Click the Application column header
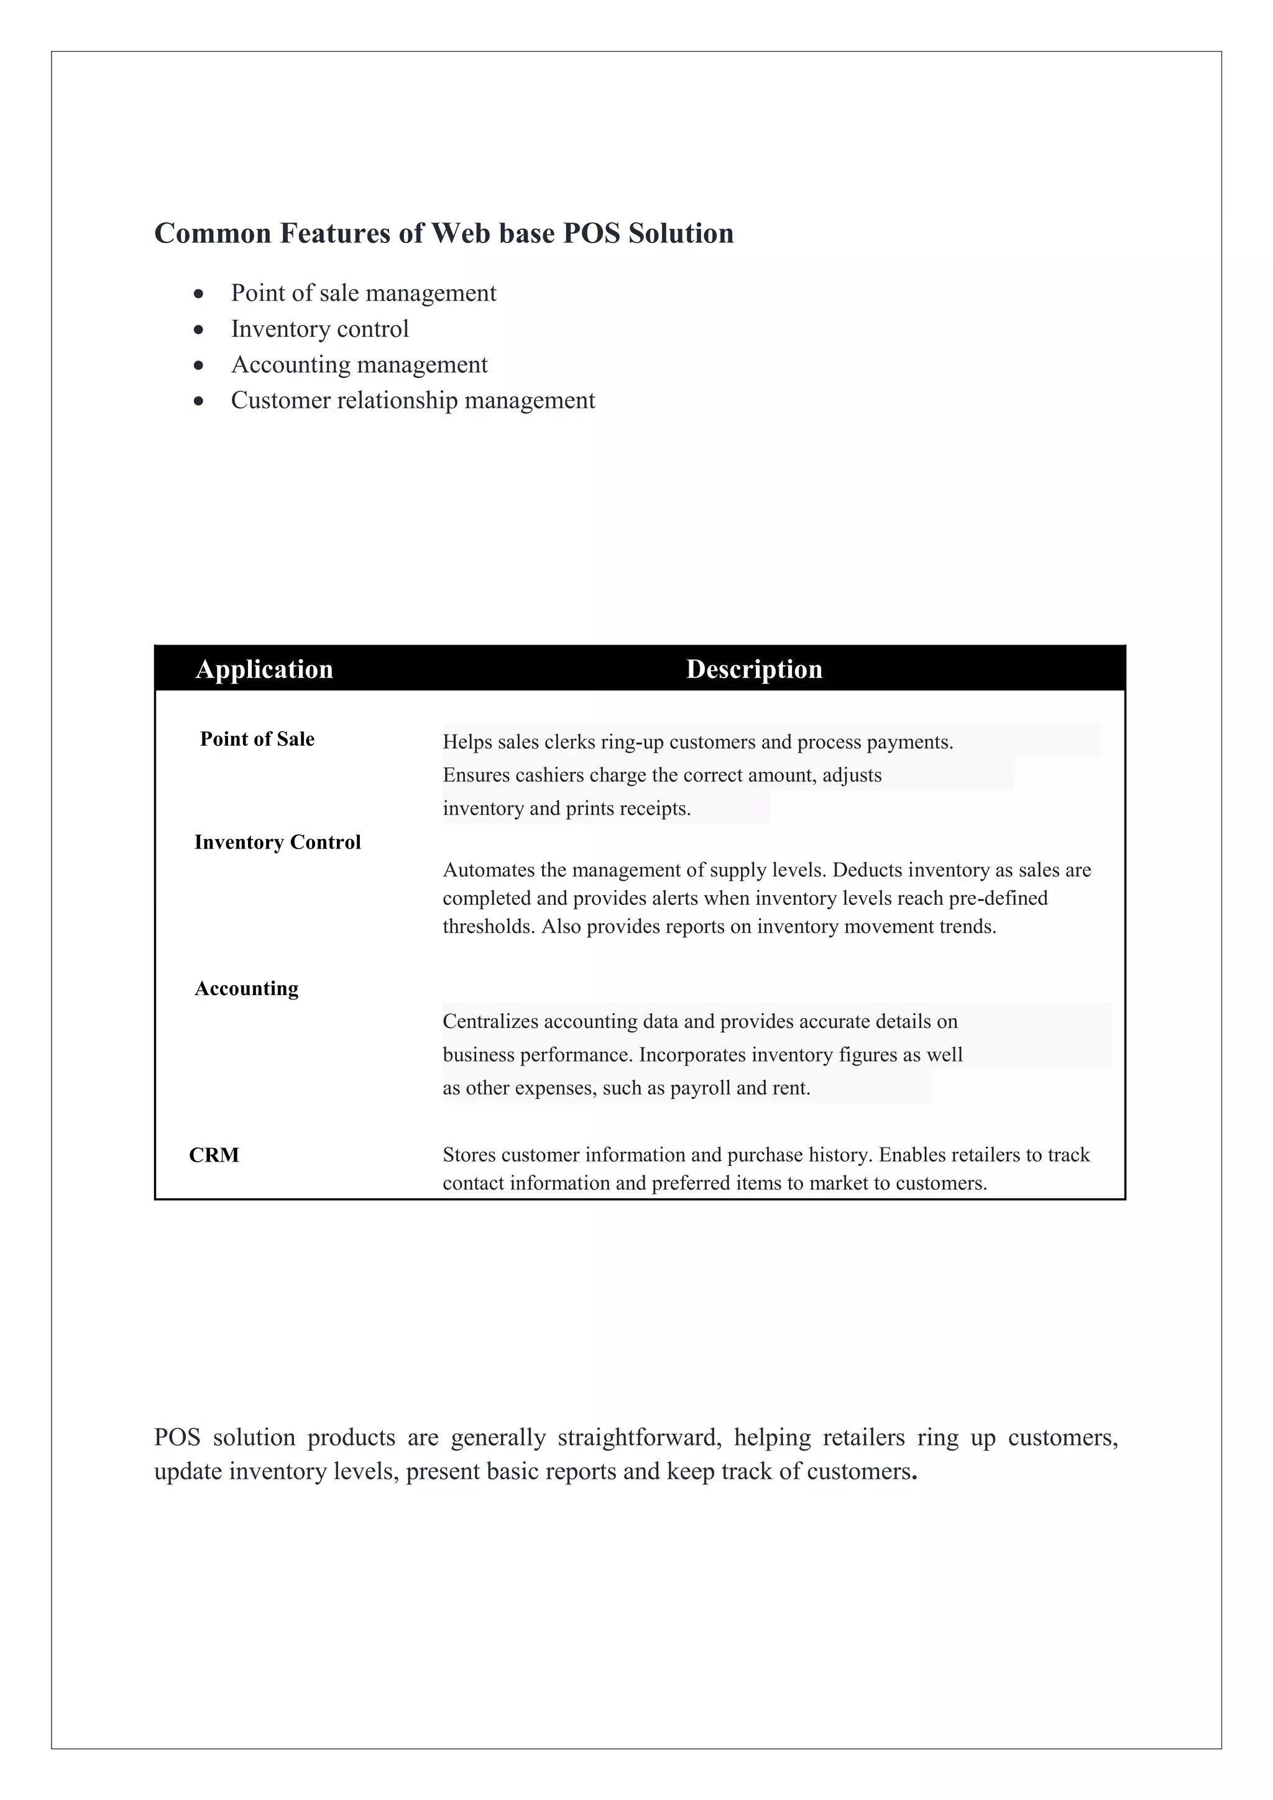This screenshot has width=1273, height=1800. (264, 669)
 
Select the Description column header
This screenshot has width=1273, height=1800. (754, 669)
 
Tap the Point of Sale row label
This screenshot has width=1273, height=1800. (257, 739)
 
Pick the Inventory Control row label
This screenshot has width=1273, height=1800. (277, 842)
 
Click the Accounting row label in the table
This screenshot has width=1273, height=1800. (246, 989)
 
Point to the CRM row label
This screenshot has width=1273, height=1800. (214, 1155)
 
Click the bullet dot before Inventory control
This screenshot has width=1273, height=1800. (199, 329)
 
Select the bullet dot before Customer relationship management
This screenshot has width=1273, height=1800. (199, 402)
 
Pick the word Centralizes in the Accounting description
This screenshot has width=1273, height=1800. (490, 1022)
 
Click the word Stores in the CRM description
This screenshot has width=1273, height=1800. (469, 1155)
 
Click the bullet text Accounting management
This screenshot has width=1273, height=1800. (359, 365)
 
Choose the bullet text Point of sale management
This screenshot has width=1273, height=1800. (363, 293)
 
